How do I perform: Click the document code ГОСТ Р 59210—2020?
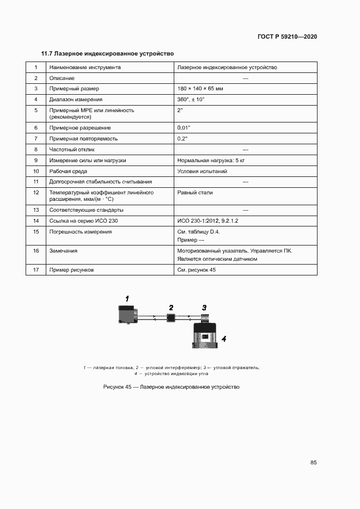point(287,37)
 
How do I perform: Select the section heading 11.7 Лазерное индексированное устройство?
point(107,54)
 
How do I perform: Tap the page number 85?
point(313,463)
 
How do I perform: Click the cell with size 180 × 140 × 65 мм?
point(200,89)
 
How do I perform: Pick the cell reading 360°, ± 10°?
point(191,100)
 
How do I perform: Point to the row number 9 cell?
point(36,161)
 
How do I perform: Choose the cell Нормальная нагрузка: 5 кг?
point(211,161)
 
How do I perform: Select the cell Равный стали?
point(195,193)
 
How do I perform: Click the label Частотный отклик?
point(72,149)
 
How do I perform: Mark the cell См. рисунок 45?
point(197,269)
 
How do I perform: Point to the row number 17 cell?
point(36,269)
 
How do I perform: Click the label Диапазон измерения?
point(76,100)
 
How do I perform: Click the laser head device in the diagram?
point(128,315)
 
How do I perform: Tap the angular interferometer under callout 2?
point(170,317)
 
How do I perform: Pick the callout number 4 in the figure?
point(224,339)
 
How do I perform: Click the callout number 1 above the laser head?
point(127,298)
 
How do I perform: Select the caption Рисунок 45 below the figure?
point(171,387)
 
